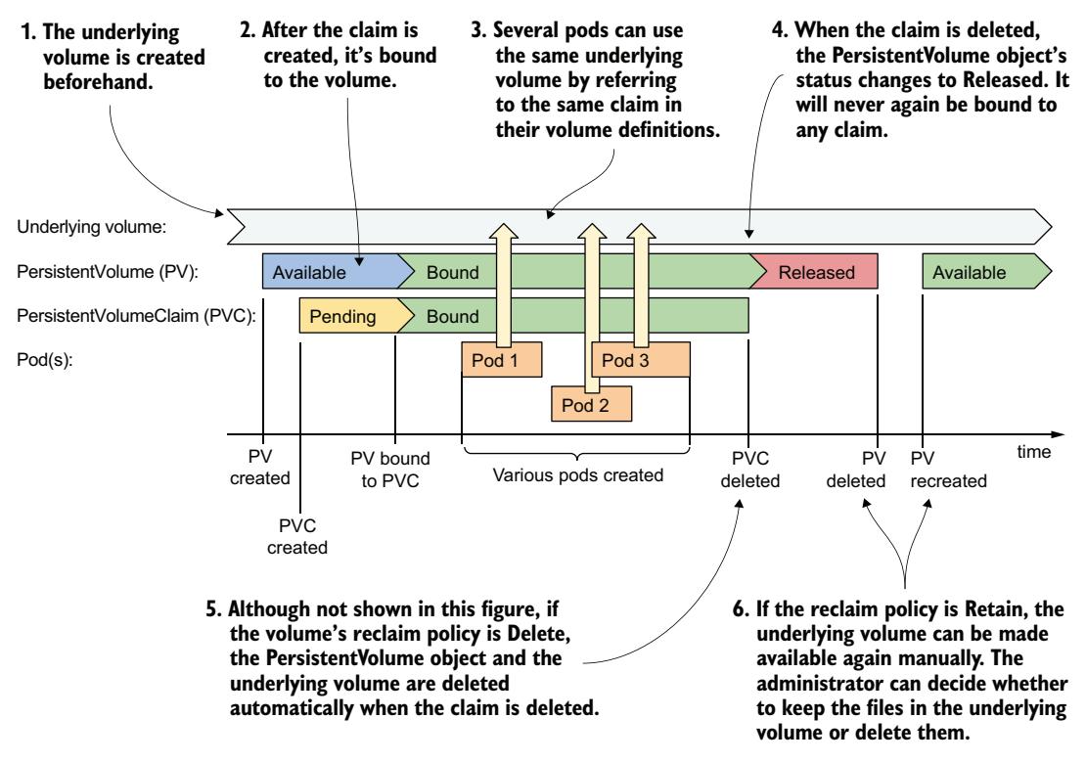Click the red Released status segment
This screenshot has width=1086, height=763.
[816, 273]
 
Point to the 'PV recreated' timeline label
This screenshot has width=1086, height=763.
[948, 469]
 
